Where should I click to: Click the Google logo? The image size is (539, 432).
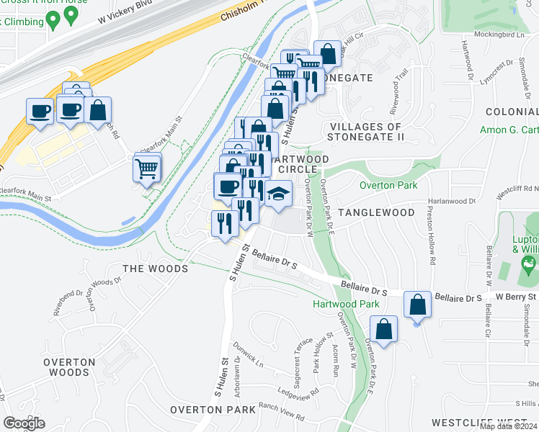[x=24, y=423]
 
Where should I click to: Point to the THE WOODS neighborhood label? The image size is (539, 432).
[x=155, y=269]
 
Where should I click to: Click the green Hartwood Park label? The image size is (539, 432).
[x=346, y=304]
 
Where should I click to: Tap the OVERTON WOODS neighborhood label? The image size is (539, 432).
[x=69, y=367]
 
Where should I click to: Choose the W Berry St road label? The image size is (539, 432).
[x=516, y=297]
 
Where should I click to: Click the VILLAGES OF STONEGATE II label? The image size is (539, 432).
[x=365, y=132]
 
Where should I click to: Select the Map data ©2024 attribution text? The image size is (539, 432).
[x=509, y=426]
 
